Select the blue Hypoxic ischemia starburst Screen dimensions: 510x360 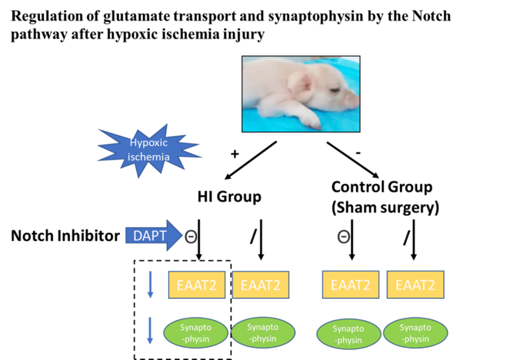(x=150, y=150)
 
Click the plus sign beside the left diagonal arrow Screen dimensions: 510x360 (x=234, y=154)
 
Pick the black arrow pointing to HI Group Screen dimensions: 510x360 (x=251, y=160)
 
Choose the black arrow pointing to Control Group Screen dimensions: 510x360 (x=353, y=160)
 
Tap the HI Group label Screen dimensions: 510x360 (x=229, y=197)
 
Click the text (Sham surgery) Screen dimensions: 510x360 (x=385, y=208)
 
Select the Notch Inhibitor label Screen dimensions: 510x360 (x=65, y=236)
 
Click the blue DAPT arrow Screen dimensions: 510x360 (x=154, y=235)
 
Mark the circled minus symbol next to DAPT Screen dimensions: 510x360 (x=191, y=237)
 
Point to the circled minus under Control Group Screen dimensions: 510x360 (x=344, y=237)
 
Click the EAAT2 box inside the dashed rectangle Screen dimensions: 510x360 (x=197, y=285)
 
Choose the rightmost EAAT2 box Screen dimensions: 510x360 (x=415, y=285)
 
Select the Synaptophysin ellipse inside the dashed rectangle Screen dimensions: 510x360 (x=196, y=333)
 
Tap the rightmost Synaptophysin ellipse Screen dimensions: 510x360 (x=415, y=333)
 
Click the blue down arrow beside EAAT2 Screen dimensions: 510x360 (x=150, y=285)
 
